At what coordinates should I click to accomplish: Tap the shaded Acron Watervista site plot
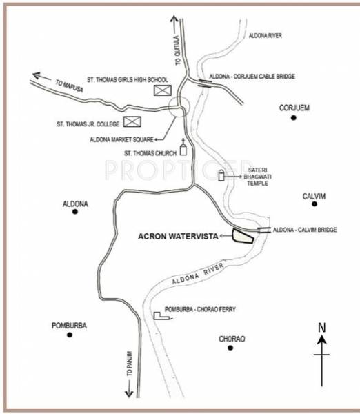pyautogui.click(x=242, y=236)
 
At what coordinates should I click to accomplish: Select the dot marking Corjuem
pyautogui.click(x=293, y=118)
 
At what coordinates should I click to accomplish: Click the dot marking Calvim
pyautogui.click(x=314, y=204)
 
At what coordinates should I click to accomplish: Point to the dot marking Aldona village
pyautogui.click(x=75, y=211)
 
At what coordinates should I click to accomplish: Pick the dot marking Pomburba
pyautogui.click(x=70, y=335)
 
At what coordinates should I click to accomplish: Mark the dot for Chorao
pyautogui.click(x=231, y=348)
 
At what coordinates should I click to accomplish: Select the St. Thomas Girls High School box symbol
pyautogui.click(x=161, y=90)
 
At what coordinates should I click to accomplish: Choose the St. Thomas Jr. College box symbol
pyautogui.click(x=132, y=123)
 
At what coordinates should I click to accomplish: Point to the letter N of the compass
pyautogui.click(x=321, y=328)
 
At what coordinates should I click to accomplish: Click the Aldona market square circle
pyautogui.click(x=179, y=108)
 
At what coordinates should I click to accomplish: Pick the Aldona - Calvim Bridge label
pyautogui.click(x=305, y=229)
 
